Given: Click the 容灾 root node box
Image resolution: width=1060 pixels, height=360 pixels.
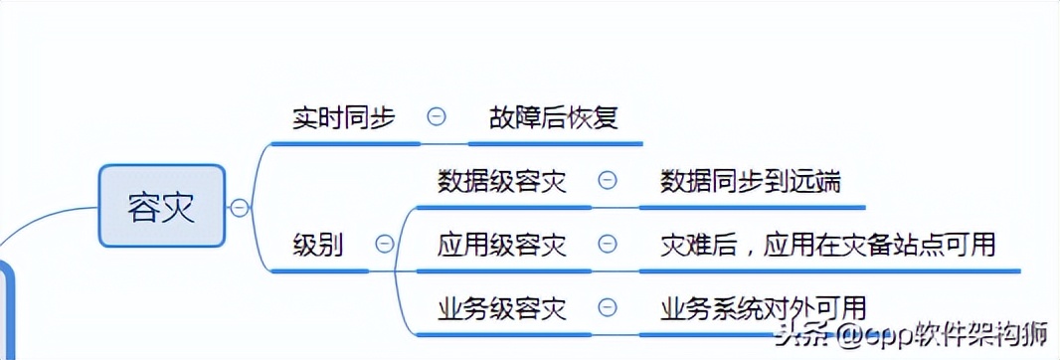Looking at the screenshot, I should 162,207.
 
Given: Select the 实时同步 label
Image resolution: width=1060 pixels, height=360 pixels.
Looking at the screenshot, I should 343,117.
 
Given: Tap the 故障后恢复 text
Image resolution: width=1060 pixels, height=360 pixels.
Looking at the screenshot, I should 554,117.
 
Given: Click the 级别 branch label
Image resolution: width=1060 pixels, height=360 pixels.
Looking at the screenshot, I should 318,244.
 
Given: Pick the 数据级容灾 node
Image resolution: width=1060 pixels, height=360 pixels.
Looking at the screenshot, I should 502,181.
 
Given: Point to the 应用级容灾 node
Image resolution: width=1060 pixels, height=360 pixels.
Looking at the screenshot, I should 502,244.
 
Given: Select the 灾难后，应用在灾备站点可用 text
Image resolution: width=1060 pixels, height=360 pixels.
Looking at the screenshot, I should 828,244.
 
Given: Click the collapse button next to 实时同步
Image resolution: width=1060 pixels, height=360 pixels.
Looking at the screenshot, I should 436,116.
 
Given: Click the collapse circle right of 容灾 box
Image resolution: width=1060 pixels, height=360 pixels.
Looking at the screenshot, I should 239,207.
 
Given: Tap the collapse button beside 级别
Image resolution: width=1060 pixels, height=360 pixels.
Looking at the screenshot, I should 384,244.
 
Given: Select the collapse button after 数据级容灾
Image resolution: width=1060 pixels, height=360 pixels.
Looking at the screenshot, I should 607,181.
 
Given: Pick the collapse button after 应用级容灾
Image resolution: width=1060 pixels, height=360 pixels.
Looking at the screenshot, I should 607,244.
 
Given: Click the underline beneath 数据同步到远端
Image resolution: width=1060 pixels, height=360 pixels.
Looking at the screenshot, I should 751,207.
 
